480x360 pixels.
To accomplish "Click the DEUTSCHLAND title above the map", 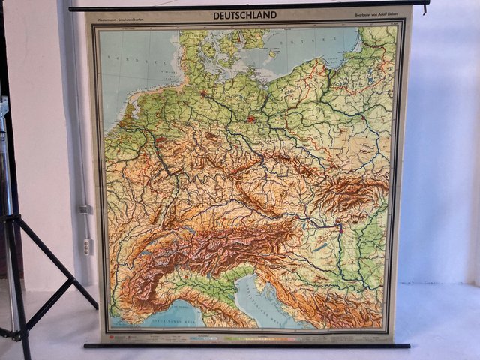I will click(x=244, y=15).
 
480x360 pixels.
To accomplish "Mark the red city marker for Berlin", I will click(x=251, y=118).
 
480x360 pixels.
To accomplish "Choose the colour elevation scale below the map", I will click(x=247, y=337).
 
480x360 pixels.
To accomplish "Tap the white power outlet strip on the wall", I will click(x=87, y=246).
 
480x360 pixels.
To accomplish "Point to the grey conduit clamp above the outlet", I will click(x=85, y=209).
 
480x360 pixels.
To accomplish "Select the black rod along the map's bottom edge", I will click(x=247, y=345).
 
